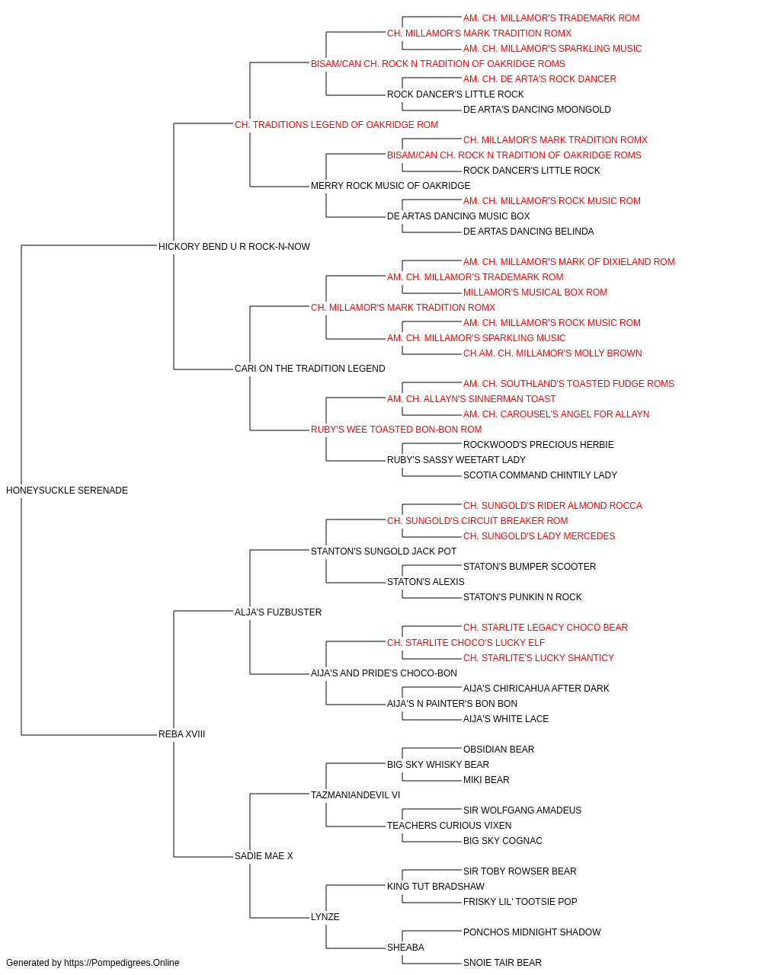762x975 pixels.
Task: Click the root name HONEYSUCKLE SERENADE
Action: pyautogui.click(x=67, y=491)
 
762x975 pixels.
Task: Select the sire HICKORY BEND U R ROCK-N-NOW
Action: pyautogui.click(x=234, y=247)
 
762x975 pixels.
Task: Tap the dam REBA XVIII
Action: pyautogui.click(x=181, y=734)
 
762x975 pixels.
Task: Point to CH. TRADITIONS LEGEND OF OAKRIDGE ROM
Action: pyautogui.click(x=336, y=125)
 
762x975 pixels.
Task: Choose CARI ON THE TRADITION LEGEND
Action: pyautogui.click(x=309, y=369)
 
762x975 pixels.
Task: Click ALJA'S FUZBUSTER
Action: pyautogui.click(x=278, y=612)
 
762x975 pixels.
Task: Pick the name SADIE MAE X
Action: pyautogui.click(x=264, y=856)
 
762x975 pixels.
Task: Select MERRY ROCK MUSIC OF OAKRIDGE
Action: pyautogui.click(x=390, y=186)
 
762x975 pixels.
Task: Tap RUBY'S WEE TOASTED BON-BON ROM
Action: pyautogui.click(x=396, y=430)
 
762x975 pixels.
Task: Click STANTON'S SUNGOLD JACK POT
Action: pyautogui.click(x=383, y=551)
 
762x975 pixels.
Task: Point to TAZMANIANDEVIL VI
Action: pyautogui.click(x=355, y=795)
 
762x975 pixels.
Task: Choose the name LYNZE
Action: pyautogui.click(x=325, y=917)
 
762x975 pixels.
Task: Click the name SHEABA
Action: pyautogui.click(x=405, y=948)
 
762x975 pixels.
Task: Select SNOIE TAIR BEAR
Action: pyautogui.click(x=502, y=963)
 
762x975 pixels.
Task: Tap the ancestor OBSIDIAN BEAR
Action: pyautogui.click(x=498, y=750)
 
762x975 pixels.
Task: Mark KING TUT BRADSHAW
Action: pyautogui.click(x=435, y=887)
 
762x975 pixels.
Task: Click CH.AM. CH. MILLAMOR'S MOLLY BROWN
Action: pyautogui.click(x=552, y=353)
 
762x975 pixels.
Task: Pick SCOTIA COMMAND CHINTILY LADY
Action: pyautogui.click(x=539, y=475)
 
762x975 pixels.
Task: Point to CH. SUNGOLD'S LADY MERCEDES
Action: pyautogui.click(x=539, y=536)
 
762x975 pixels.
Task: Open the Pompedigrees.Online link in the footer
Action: pyautogui.click(x=121, y=963)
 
